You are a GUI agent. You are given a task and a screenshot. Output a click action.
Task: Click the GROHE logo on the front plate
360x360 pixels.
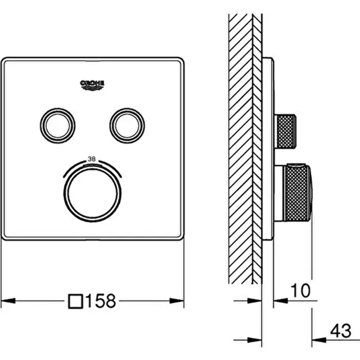pos(92,85)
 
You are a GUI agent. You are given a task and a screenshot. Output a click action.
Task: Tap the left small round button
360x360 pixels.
pos(58,125)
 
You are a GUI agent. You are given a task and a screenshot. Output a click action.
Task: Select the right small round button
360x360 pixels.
pos(127,125)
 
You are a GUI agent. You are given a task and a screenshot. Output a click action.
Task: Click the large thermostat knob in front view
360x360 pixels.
pos(92,194)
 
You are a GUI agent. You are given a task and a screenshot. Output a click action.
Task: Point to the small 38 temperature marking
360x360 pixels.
pos(92,159)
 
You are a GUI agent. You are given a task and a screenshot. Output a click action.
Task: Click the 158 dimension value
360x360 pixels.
pos(101,301)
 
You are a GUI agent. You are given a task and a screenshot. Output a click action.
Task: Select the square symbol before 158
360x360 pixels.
pos(76,301)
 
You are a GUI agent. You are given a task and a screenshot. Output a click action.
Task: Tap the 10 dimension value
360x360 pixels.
pos(301,290)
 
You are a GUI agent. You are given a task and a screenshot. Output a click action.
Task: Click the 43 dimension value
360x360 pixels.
pos(341,331)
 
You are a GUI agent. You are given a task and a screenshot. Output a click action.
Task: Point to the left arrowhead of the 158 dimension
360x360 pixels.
pos(8,301)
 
